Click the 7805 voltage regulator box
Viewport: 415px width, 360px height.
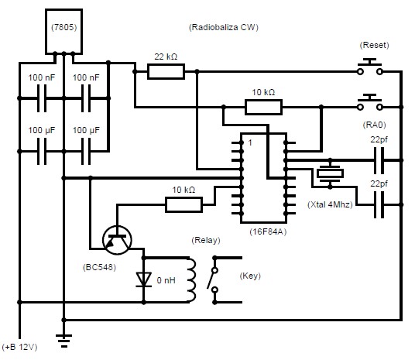tap(63, 32)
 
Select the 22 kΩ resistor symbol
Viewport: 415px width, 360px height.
tap(166, 71)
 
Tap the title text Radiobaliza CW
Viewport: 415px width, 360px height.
tap(224, 27)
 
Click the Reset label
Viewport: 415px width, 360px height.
tap(374, 45)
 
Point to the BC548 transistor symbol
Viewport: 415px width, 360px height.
tap(117, 240)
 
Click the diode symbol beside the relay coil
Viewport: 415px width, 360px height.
tap(144, 279)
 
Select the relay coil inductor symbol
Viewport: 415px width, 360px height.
tap(191, 279)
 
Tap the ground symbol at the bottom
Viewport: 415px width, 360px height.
tap(63, 341)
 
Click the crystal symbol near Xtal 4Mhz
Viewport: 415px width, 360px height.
tap(330, 173)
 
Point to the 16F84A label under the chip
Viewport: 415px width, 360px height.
tap(268, 231)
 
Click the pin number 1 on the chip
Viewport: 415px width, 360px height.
tap(250, 143)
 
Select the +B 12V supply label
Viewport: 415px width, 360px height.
tap(19, 347)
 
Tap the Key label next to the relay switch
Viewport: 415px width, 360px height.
tap(250, 276)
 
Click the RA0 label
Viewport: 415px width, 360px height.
tap(374, 125)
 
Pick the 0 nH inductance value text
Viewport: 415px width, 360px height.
tap(166, 280)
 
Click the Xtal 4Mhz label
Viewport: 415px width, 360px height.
tap(330, 204)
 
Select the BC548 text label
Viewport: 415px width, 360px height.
tap(99, 267)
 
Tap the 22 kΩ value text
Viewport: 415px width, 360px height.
tap(166, 57)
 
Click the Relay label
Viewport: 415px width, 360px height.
tap(206, 240)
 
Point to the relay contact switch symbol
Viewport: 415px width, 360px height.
tap(215, 279)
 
